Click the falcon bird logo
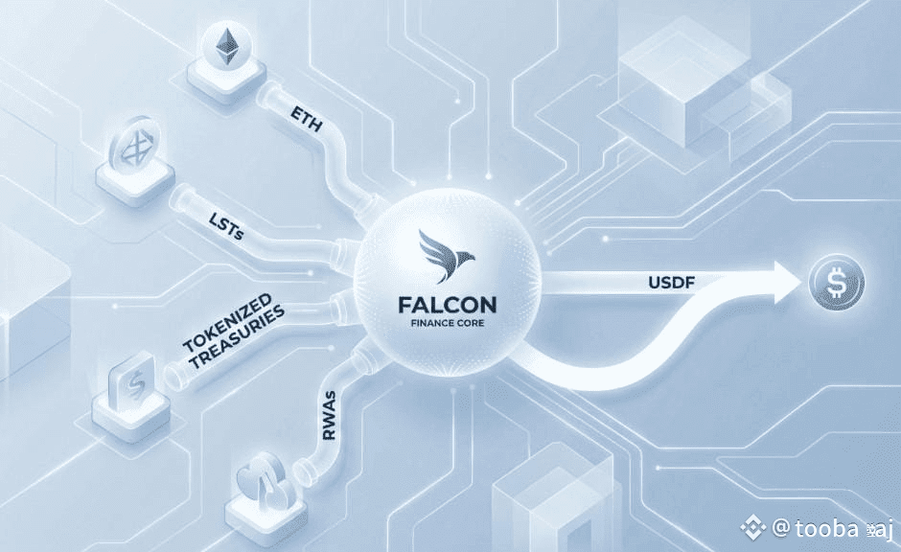(x=448, y=260)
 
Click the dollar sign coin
(x=836, y=284)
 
